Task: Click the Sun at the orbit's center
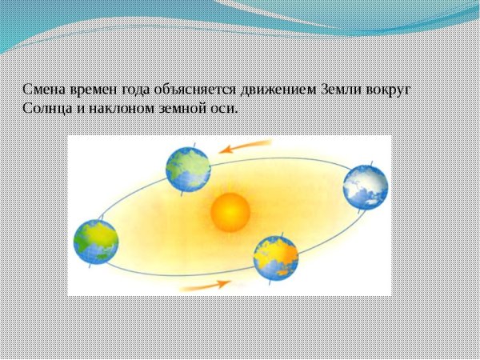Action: (x=231, y=213)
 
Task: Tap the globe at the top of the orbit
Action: (x=188, y=168)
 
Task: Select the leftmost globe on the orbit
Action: (x=96, y=241)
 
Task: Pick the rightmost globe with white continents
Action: (x=366, y=187)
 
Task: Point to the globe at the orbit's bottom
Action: (x=276, y=257)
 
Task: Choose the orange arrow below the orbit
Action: (x=206, y=283)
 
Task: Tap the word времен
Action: (x=94, y=90)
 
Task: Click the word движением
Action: (x=286, y=90)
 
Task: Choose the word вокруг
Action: (x=392, y=90)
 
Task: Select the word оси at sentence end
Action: (x=226, y=108)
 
